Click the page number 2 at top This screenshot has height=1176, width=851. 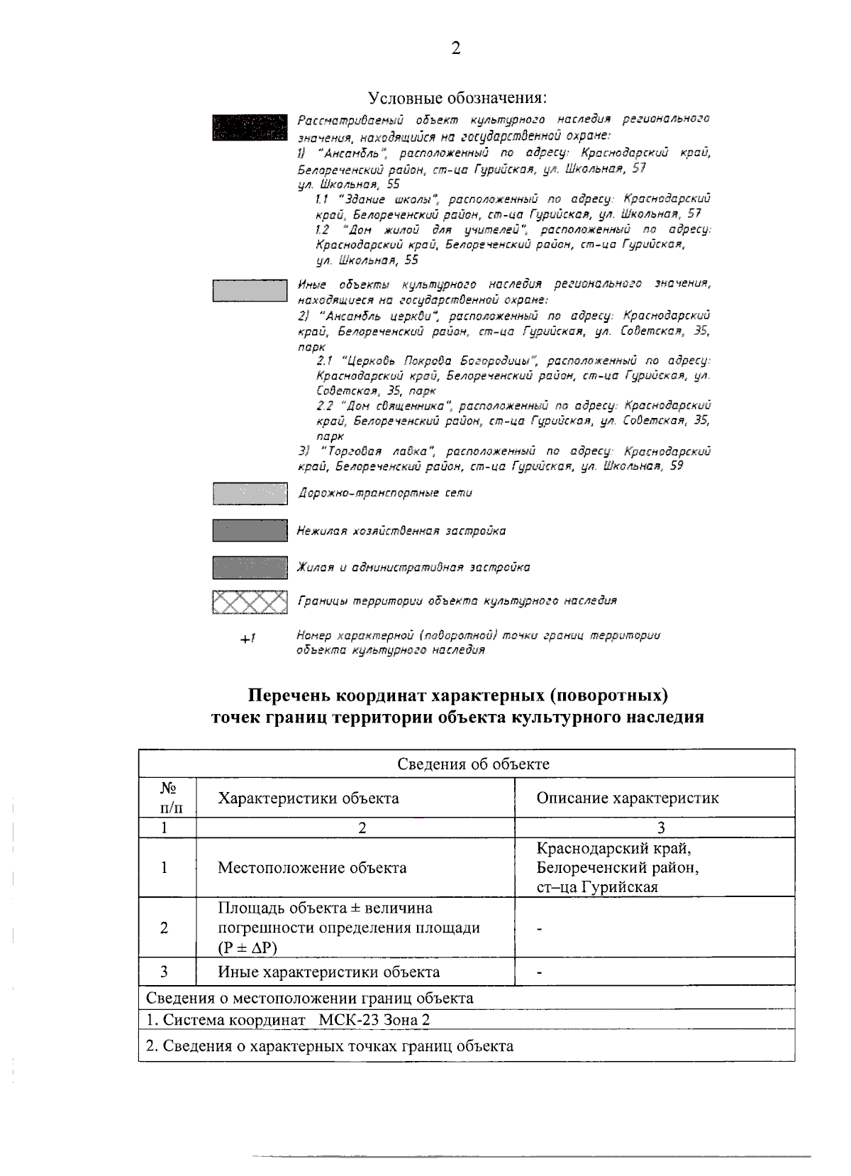pos(455,48)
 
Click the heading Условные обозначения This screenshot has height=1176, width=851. pos(457,97)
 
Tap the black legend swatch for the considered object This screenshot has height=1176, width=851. pos(250,127)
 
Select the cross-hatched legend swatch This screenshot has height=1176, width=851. pos(250,602)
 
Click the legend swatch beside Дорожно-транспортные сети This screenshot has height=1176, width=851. pos(250,493)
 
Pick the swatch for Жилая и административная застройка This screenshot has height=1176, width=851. pos(250,567)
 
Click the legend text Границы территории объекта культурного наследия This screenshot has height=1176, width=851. pos(457,601)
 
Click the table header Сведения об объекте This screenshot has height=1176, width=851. pos(472,764)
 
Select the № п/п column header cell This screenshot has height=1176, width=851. pos(167,798)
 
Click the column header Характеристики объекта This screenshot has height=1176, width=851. pos(308,798)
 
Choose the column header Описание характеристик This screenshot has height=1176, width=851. pos(627,798)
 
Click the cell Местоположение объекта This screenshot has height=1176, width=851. pos(312,867)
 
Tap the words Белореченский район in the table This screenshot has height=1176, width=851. pos(617,867)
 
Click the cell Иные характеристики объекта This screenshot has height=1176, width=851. pos(328,972)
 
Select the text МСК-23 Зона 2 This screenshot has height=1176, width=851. pos(374,1020)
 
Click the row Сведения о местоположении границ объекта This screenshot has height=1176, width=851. pos(310,998)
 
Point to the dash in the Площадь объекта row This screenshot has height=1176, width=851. pos(540,928)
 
